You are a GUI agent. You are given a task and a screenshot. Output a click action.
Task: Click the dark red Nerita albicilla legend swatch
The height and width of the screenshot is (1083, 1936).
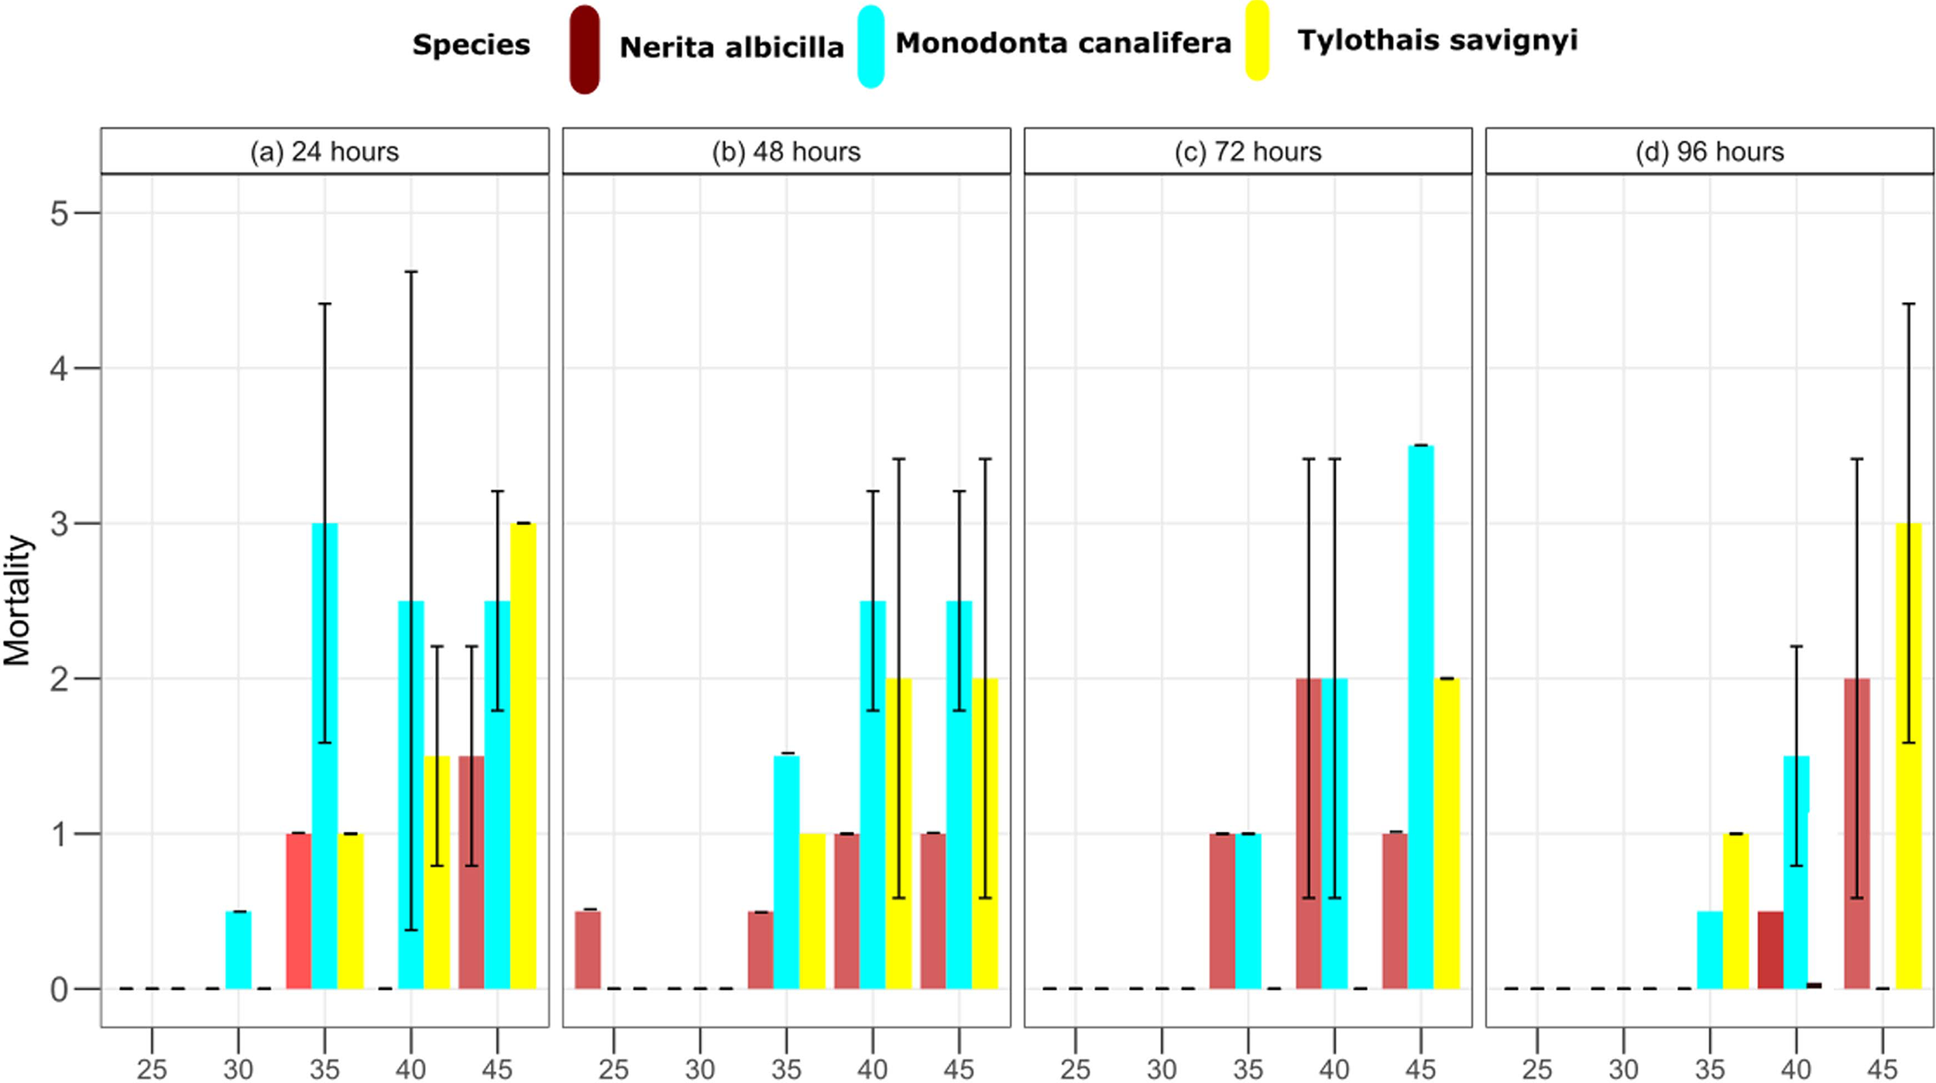(x=585, y=50)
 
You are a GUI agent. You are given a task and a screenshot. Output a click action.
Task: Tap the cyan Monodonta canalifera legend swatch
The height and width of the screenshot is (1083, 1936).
(x=871, y=46)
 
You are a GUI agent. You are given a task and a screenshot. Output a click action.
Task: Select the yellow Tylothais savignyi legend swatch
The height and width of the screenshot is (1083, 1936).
(x=1257, y=40)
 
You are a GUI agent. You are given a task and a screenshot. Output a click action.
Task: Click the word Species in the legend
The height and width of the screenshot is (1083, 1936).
(x=471, y=45)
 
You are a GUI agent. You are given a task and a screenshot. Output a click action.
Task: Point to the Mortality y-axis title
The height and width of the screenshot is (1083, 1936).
(x=17, y=600)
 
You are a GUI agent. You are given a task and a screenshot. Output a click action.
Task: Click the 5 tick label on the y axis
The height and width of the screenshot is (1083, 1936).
(x=59, y=213)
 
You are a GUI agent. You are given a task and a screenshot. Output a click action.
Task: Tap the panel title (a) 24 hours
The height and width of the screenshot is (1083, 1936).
(x=324, y=151)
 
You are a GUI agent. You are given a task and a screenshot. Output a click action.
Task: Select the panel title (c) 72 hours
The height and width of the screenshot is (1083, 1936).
(x=1248, y=151)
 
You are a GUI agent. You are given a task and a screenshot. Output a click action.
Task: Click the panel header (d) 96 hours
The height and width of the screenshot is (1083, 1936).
(x=1709, y=151)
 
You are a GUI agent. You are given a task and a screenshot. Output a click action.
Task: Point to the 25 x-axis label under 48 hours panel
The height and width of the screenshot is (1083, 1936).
(x=613, y=1069)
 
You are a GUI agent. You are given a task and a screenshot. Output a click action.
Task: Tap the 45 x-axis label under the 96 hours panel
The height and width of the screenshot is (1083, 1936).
(x=1882, y=1069)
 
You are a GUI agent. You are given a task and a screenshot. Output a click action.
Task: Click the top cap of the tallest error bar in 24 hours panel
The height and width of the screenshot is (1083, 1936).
(x=411, y=272)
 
